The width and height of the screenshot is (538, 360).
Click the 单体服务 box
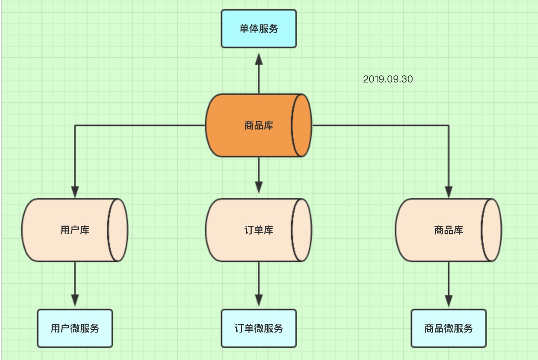click(x=258, y=29)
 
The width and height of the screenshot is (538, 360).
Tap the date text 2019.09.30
click(x=388, y=79)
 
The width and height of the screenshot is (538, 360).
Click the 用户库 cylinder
click(x=68, y=230)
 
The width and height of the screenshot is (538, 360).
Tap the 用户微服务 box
click(x=75, y=328)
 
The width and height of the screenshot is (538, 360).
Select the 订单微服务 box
click(x=258, y=328)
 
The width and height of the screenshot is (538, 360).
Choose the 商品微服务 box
click(x=448, y=328)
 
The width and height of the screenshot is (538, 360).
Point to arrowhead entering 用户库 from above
click(x=75, y=191)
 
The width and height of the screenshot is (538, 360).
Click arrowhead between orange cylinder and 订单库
click(x=258, y=187)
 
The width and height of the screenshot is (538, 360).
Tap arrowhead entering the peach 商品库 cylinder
click(x=448, y=191)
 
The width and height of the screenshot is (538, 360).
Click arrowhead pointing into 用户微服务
click(x=75, y=300)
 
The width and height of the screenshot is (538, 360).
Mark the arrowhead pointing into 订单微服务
click(x=258, y=300)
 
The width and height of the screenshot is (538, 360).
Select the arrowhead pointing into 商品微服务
click(x=448, y=301)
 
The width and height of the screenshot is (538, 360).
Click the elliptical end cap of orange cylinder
click(x=301, y=125)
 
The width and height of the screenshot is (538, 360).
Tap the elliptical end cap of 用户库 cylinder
click(x=118, y=230)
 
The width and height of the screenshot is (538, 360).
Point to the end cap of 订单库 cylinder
click(x=301, y=230)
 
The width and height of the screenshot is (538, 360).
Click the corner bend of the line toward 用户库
click(x=75, y=125)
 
